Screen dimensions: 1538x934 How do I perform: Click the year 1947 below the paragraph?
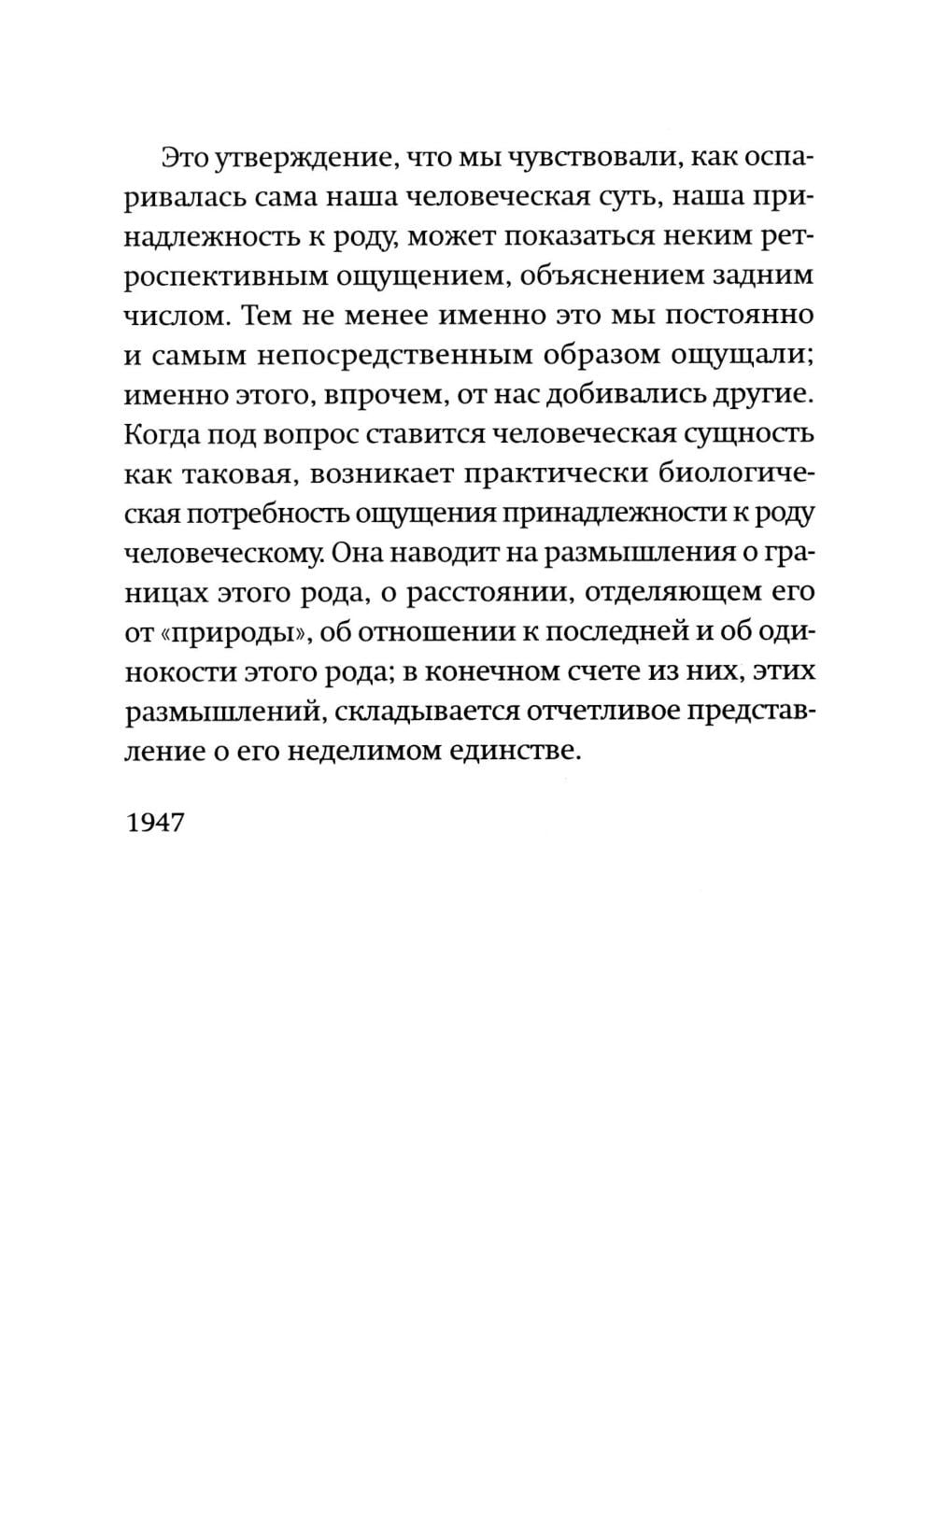[x=155, y=823]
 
